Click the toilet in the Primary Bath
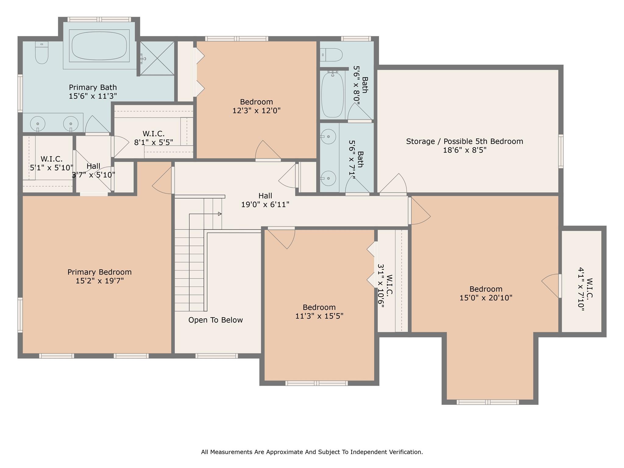tap(42, 53)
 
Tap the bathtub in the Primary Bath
tap(99, 46)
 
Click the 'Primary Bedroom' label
tap(100, 272)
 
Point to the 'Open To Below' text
tap(215, 320)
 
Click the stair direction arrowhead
tap(220, 214)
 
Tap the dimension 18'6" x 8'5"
tap(465, 150)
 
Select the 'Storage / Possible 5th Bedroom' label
tap(465, 141)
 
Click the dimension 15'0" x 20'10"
tap(486, 298)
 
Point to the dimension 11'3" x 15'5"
tap(319, 316)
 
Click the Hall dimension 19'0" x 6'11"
tap(265, 204)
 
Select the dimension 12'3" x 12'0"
tap(257, 110)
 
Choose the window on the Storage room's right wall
tap(561, 151)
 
